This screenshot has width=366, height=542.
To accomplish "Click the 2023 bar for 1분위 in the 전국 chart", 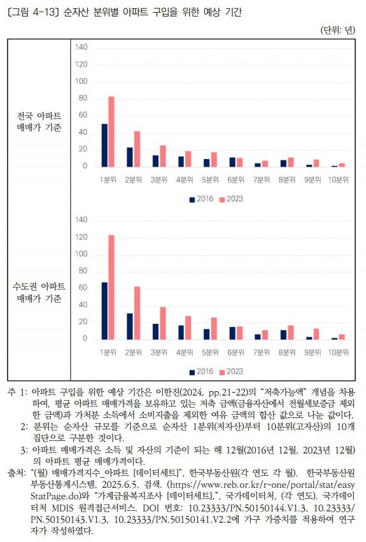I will (111, 132).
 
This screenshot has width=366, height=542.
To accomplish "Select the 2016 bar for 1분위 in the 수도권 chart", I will (104, 311).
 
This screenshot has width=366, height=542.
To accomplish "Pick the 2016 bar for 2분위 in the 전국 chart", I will (130, 157).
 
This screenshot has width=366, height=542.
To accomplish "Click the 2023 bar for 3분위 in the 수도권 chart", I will (162, 323).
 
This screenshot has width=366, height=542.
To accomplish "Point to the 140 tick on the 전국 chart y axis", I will (81, 48).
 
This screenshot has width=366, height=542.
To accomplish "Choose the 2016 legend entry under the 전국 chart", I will (201, 199).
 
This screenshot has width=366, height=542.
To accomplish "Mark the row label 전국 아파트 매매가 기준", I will (39, 121).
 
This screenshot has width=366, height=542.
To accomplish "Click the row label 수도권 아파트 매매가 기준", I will (39, 293).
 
